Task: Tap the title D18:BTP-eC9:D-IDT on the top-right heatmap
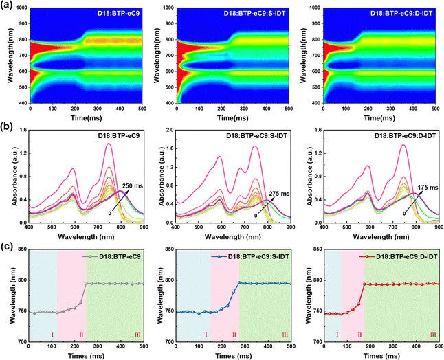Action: pyautogui.click(x=402, y=13)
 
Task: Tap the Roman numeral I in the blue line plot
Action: pyautogui.click(x=206, y=335)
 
